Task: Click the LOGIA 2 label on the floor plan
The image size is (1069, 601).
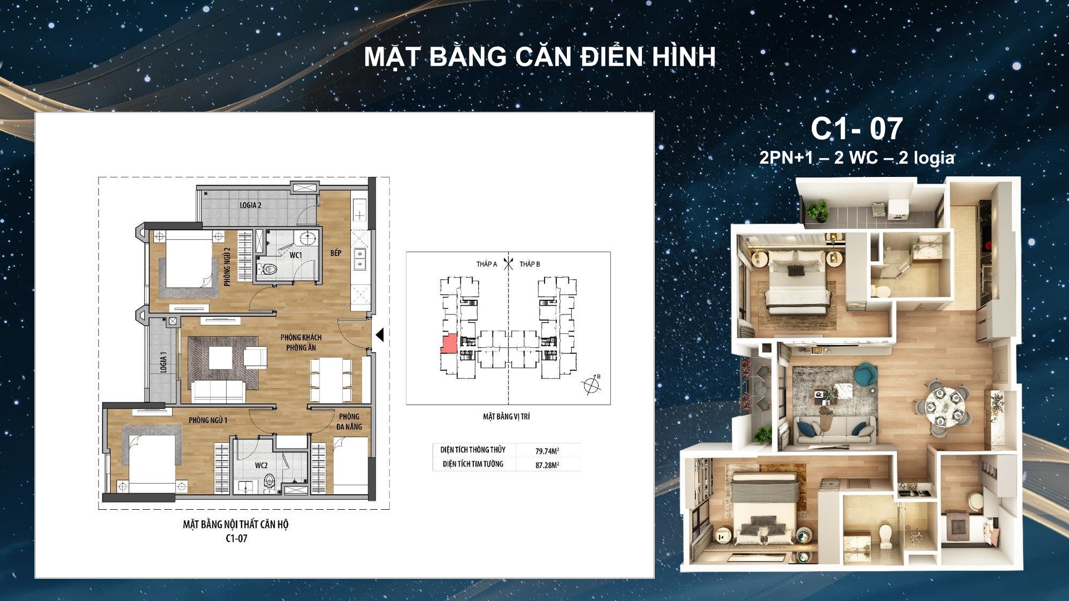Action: coord(251,205)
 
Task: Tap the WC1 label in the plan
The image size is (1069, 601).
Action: coord(296,255)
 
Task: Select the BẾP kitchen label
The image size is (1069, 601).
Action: coord(336,253)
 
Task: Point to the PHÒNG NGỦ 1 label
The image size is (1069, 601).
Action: coord(208,420)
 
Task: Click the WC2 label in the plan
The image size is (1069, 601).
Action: coord(261,465)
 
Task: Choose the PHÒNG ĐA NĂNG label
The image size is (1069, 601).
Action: coord(349,421)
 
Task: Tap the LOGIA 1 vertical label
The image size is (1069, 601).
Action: coord(163,362)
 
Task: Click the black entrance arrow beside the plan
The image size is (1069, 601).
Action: coord(380,335)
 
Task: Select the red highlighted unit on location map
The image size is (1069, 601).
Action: coord(449,344)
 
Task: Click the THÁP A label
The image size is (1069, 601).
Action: coord(487,264)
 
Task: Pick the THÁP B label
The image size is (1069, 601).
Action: coord(529,264)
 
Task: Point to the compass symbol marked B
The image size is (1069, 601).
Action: coord(591,385)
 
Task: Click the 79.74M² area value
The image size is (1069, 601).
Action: coord(547,451)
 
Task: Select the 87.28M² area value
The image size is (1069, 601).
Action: coord(547,465)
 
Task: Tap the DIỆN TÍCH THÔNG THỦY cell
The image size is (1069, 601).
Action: coord(473,450)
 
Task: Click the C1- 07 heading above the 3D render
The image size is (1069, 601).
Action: coord(856,129)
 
